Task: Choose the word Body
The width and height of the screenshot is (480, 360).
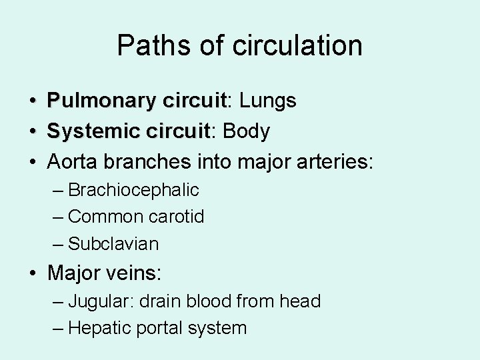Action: tap(247, 131)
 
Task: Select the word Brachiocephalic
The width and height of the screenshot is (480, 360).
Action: tap(133, 190)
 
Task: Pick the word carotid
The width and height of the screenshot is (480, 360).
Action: tap(177, 217)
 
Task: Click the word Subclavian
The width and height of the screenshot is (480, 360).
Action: tap(113, 244)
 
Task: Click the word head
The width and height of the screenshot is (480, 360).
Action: tap(299, 301)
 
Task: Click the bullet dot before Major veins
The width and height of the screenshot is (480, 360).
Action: tap(33, 273)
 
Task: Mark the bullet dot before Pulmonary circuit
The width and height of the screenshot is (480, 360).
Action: tap(33, 102)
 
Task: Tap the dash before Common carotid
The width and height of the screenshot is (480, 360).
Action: tap(59, 217)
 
